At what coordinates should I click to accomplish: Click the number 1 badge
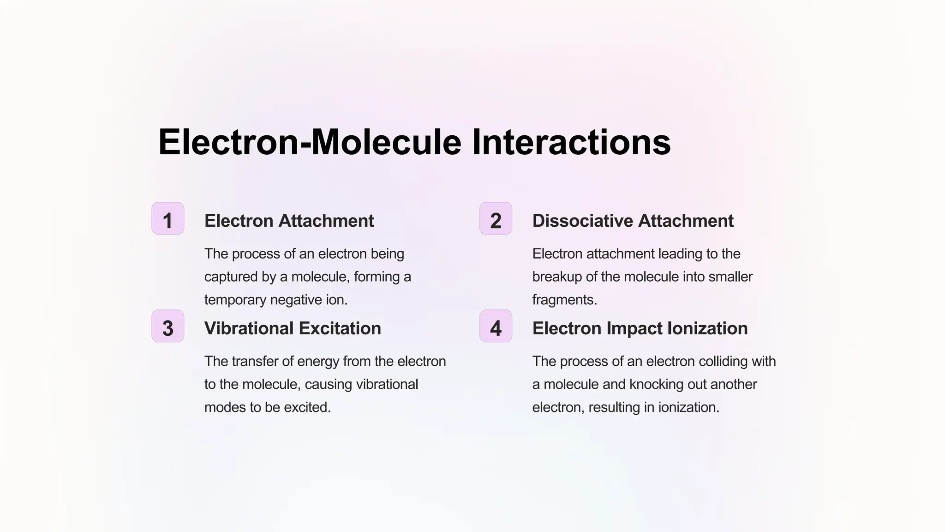[x=167, y=219]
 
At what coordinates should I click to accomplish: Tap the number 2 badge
[x=496, y=219]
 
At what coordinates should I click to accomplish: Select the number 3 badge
[x=167, y=326]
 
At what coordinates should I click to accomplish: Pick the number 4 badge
[x=496, y=326]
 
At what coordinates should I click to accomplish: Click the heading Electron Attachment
[x=289, y=221]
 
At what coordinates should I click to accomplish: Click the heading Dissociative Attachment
[x=633, y=221]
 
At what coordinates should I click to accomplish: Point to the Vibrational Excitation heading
[x=293, y=328]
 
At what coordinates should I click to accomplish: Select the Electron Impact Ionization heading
[x=640, y=328]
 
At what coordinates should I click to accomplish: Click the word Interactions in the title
[x=571, y=142]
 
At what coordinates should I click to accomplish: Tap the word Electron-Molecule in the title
[x=310, y=142]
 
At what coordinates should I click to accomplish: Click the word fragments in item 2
[x=564, y=300]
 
